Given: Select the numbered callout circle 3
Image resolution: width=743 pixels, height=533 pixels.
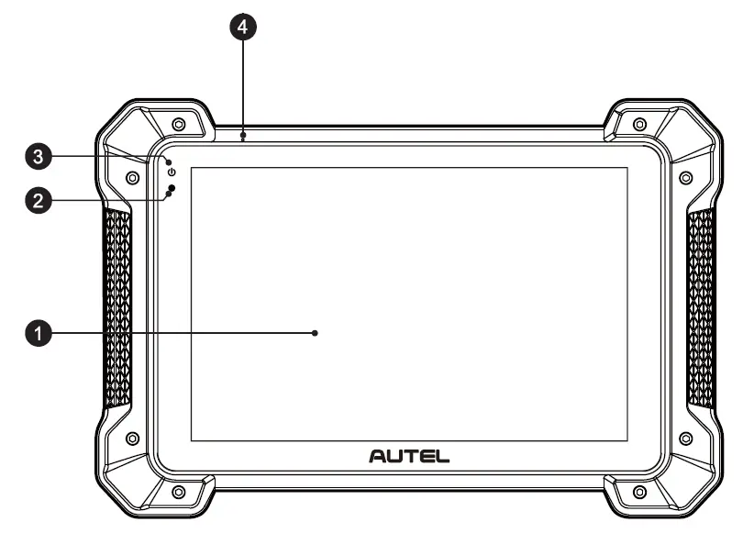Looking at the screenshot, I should click(38, 158).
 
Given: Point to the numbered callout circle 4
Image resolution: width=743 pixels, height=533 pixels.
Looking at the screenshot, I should click(242, 28).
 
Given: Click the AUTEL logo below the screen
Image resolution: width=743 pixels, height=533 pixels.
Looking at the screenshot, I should click(409, 455).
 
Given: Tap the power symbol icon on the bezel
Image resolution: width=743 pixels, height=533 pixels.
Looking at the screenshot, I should click(172, 172).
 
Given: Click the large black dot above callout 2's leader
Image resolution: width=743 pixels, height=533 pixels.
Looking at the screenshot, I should click(172, 189).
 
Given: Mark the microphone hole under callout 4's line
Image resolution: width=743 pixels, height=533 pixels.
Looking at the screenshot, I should click(242, 138).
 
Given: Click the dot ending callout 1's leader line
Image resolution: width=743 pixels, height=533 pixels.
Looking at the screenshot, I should click(315, 334).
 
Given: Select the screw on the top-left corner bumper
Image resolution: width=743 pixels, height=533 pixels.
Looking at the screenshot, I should click(178, 125).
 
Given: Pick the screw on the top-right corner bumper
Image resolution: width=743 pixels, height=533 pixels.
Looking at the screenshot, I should click(639, 125).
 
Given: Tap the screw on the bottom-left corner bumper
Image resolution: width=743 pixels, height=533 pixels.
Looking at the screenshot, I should click(178, 493).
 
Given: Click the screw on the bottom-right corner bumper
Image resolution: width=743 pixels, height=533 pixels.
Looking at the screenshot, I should click(639, 493).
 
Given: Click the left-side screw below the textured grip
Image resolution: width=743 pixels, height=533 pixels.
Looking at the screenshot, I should click(133, 439).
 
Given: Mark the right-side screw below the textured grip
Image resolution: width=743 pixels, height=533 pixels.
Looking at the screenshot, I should click(685, 439).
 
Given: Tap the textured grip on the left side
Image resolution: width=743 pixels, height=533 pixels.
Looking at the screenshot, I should click(118, 308).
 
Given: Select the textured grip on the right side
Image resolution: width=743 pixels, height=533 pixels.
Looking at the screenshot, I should click(701, 308).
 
